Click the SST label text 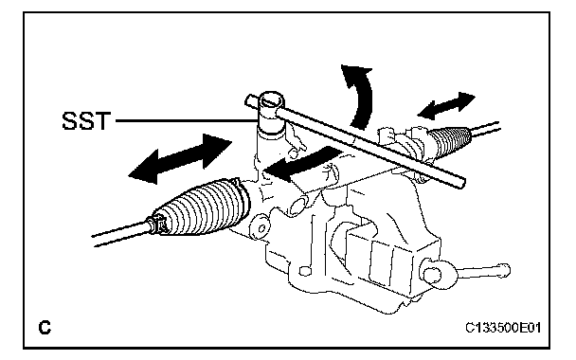tap(86, 120)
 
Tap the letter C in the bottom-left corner tap(45, 327)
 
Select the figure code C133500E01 tap(503, 327)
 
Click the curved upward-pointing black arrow tap(361, 97)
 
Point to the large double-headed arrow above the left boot tap(180, 159)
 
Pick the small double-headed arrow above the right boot tap(446, 106)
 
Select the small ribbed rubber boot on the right tap(450, 139)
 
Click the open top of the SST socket tap(272, 99)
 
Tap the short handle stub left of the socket tap(252, 100)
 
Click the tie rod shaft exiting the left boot tap(121, 232)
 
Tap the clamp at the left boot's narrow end tap(159, 225)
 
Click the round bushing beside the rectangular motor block tap(432, 273)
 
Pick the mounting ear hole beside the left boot tap(261, 228)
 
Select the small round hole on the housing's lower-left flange tap(303, 272)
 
